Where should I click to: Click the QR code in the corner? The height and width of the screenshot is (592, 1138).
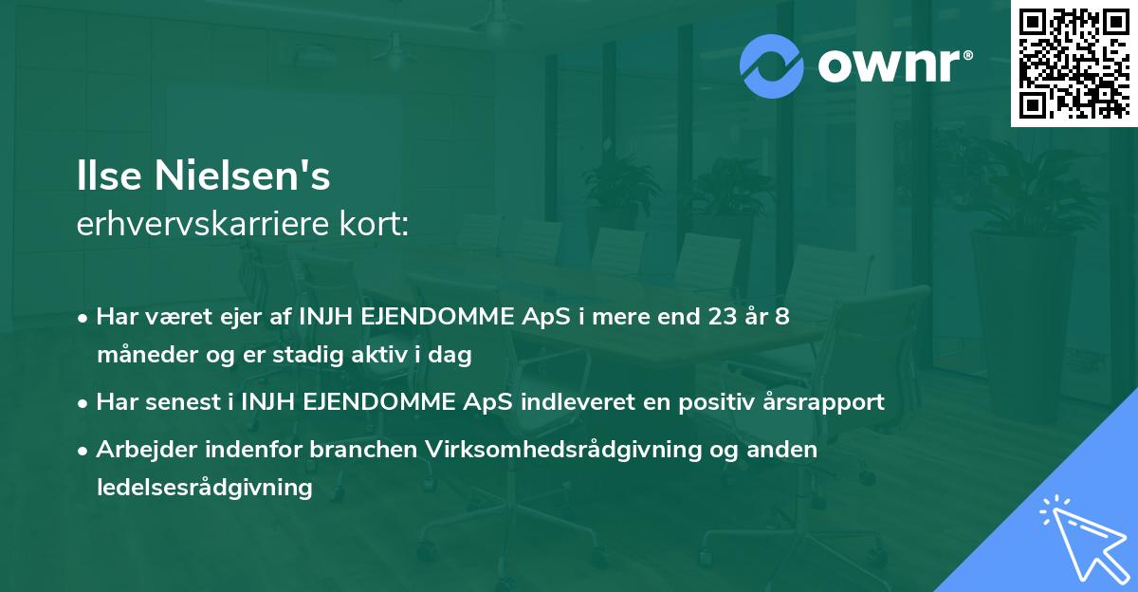[x=1074, y=64]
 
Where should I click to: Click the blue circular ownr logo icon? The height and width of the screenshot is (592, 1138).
[x=772, y=66]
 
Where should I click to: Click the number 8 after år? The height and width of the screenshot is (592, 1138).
[x=782, y=316]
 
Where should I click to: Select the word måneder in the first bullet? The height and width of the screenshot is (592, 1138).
[x=139, y=355]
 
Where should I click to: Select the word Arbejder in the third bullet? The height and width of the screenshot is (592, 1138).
[x=139, y=450]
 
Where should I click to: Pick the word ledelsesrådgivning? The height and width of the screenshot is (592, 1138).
[x=204, y=488]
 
